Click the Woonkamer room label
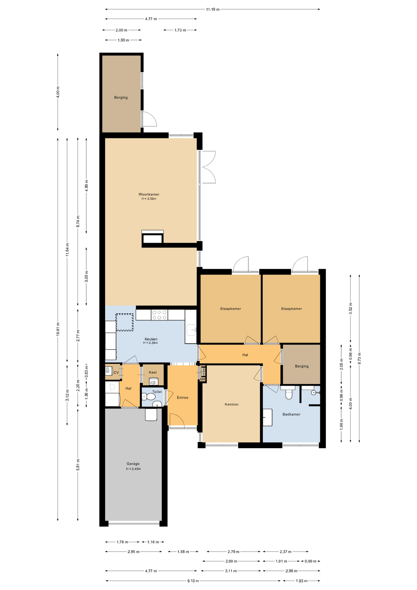[x=149, y=194]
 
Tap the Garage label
[x=133, y=464]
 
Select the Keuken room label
[x=151, y=339]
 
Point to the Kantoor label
[x=232, y=404]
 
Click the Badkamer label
[x=291, y=414]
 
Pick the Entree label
[x=182, y=398]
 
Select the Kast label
[x=153, y=372]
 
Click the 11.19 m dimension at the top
[x=212, y=10]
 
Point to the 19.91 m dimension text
[x=58, y=330]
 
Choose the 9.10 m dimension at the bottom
[x=193, y=581]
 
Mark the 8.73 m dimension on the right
[x=359, y=359]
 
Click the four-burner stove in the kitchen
[x=160, y=315]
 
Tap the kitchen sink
[x=191, y=330]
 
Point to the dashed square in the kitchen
[x=124, y=322]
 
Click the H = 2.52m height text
[x=149, y=199]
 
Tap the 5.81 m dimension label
[x=78, y=465]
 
